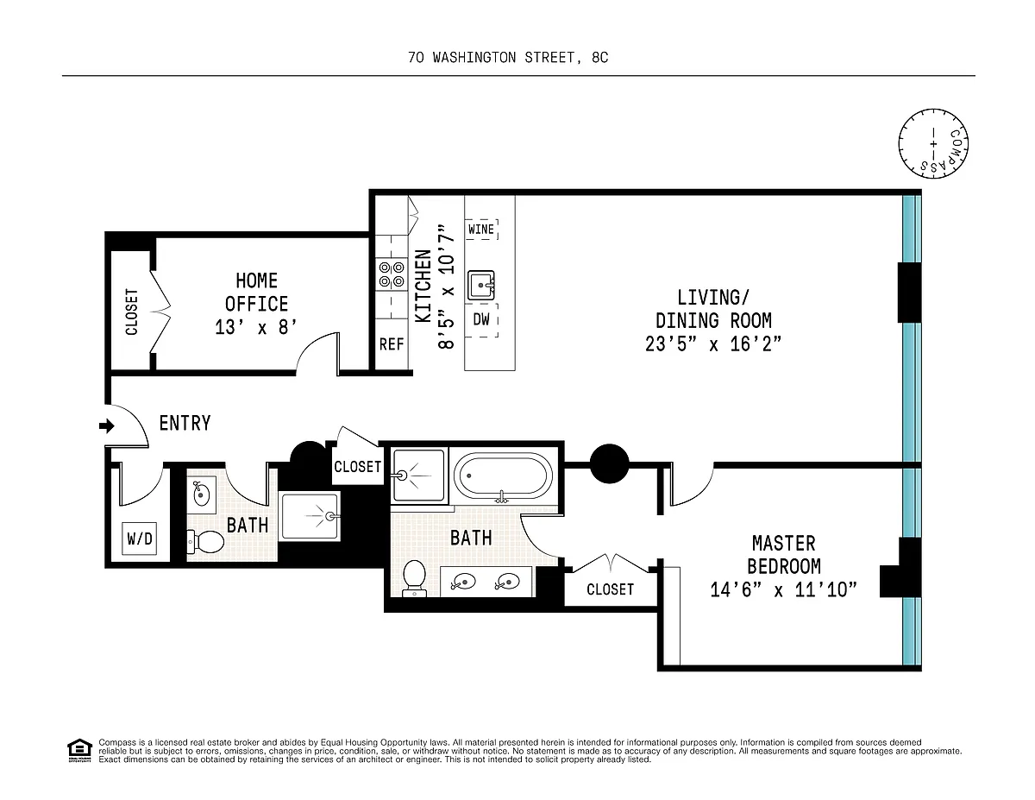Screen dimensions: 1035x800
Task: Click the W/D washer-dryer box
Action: (139, 539)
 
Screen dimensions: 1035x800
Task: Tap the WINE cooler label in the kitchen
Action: (481, 230)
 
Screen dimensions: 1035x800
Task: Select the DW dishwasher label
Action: (481, 319)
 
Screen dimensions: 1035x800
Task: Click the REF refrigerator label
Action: (392, 344)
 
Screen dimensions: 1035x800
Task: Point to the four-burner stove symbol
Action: (392, 274)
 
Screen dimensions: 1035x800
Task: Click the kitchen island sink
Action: (481, 286)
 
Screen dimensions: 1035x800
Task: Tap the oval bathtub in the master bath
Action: (503, 476)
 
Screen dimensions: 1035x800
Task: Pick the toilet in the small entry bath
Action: (205, 542)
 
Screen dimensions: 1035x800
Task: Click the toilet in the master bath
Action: (414, 578)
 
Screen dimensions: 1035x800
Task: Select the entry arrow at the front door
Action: (107, 425)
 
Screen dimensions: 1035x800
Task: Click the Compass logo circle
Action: (933, 143)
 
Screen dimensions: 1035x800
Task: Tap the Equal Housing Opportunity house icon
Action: (79, 751)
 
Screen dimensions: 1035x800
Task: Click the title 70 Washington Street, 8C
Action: (508, 58)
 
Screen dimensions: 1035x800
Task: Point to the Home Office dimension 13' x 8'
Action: (256, 327)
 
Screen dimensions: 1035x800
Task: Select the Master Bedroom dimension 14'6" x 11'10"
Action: (783, 590)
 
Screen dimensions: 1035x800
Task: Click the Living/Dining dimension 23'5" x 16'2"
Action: (713, 343)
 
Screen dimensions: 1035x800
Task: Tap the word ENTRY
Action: (185, 423)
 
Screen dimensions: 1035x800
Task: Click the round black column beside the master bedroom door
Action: (609, 463)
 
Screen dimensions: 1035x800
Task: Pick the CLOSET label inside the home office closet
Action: (131, 312)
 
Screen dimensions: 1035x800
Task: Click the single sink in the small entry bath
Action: (201, 494)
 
